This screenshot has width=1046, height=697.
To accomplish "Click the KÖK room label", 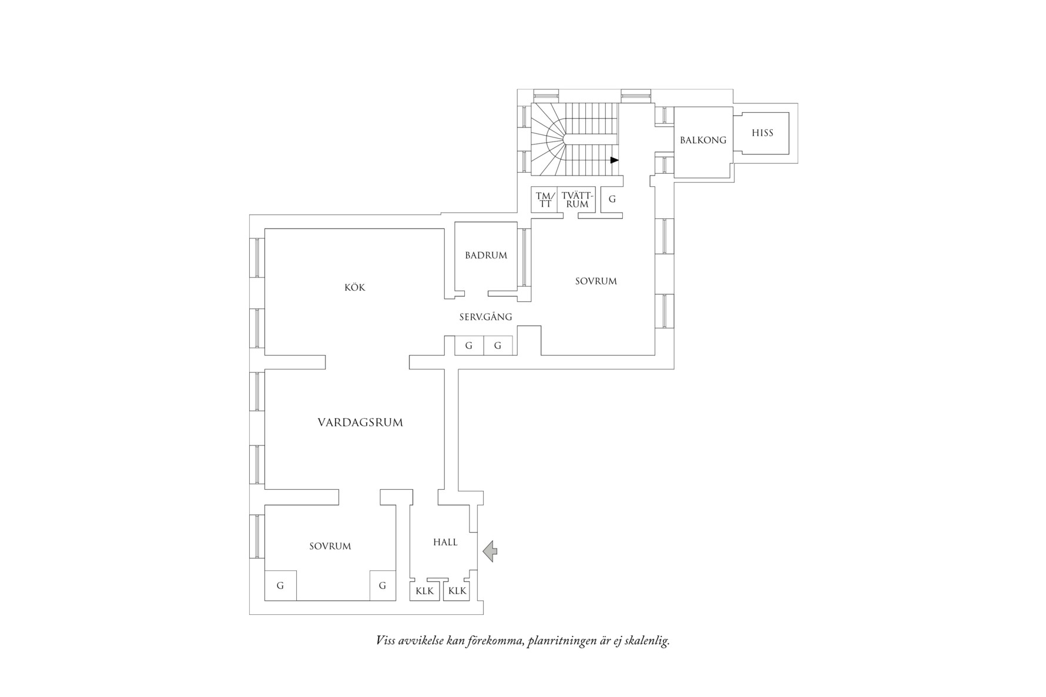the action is click(355, 288).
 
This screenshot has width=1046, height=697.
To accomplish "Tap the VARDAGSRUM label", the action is click(360, 422).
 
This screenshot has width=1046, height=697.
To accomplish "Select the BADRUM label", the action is click(486, 255).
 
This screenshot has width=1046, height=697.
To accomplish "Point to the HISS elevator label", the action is click(762, 133).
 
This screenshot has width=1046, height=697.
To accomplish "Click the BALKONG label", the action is click(703, 140).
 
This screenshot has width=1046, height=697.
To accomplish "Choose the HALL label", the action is click(445, 543).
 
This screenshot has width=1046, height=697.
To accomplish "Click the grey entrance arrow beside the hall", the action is click(490, 551).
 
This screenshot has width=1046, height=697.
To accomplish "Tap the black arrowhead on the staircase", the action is click(615, 160).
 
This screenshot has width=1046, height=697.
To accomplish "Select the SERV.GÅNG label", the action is click(485, 317).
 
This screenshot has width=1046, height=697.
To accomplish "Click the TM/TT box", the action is click(545, 200).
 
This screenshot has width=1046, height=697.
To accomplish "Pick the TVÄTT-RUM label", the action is click(577, 200).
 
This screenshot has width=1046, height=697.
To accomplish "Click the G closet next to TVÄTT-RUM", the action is click(612, 200).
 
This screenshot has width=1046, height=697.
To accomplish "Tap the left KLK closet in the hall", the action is click(424, 591).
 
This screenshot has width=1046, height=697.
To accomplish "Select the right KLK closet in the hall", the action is click(457, 591).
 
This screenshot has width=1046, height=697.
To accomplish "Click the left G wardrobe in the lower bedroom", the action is click(280, 585).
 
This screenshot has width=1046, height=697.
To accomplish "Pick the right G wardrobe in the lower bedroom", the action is click(383, 585).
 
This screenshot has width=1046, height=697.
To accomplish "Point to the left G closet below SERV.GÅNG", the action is click(469, 345).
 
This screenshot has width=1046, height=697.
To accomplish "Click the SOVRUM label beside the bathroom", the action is click(596, 281).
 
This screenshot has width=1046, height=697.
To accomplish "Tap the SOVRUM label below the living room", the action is click(330, 546).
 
